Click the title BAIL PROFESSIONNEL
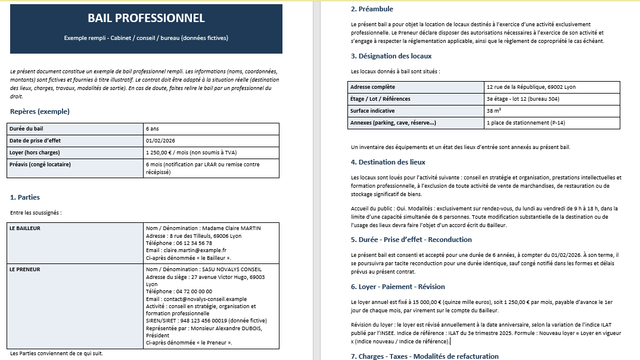146,18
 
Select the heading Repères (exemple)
40,111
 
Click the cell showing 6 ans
152,129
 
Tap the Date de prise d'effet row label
35,141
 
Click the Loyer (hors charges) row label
35,153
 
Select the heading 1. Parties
25,197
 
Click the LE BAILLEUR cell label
25,228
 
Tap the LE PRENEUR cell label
24,269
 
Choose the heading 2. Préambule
372,9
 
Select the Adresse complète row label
372,87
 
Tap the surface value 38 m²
493,111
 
